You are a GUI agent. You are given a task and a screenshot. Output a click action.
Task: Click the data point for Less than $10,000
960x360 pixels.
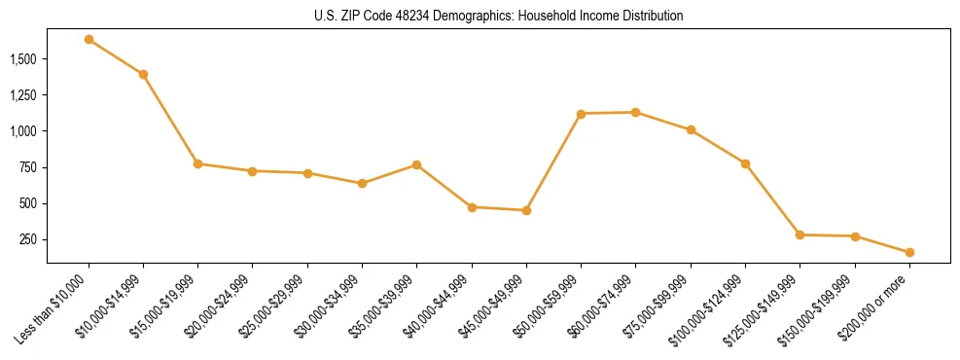[89, 39]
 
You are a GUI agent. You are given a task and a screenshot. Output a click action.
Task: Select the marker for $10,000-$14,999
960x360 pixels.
[143, 74]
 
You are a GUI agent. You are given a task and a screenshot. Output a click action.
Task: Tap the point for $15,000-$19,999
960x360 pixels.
[197, 163]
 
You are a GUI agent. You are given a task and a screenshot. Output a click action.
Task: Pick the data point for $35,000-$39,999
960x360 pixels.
[416, 164]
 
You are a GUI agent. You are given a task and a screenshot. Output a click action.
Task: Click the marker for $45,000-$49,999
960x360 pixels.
[526, 210]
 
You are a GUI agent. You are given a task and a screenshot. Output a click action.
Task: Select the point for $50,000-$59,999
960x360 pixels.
[581, 114]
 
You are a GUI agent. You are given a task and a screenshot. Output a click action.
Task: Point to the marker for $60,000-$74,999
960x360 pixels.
[635, 112]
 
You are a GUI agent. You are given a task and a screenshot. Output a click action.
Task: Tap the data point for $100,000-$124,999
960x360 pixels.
[745, 163]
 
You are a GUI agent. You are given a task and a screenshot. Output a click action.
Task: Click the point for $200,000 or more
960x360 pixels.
[909, 252]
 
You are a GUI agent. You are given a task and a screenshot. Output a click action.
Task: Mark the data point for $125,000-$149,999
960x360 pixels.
[800, 234]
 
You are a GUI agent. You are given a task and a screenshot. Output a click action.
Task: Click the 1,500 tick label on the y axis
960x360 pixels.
[22, 59]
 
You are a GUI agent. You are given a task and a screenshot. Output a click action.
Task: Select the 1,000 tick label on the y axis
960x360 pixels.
[22, 131]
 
